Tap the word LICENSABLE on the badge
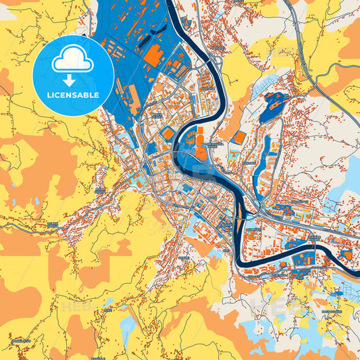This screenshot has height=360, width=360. point(74,94)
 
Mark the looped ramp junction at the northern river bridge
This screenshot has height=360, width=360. point(216,63)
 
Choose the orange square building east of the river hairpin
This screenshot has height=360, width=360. point(238,137)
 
